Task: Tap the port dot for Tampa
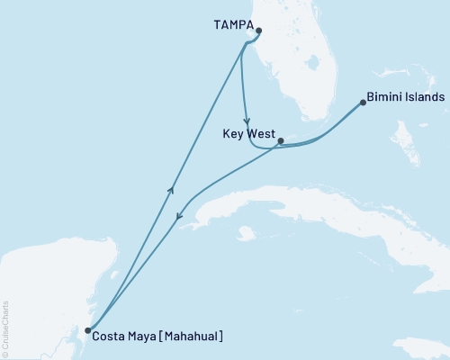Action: (x=258, y=31)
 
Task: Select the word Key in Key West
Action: (x=232, y=132)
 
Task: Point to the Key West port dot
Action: (x=281, y=140)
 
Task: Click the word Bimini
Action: (x=384, y=97)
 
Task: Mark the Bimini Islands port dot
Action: (x=363, y=103)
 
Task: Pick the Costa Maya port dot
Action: (x=87, y=331)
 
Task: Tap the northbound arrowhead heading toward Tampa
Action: (x=171, y=188)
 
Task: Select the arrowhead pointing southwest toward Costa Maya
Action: (x=179, y=218)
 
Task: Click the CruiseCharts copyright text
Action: (x=5, y=329)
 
